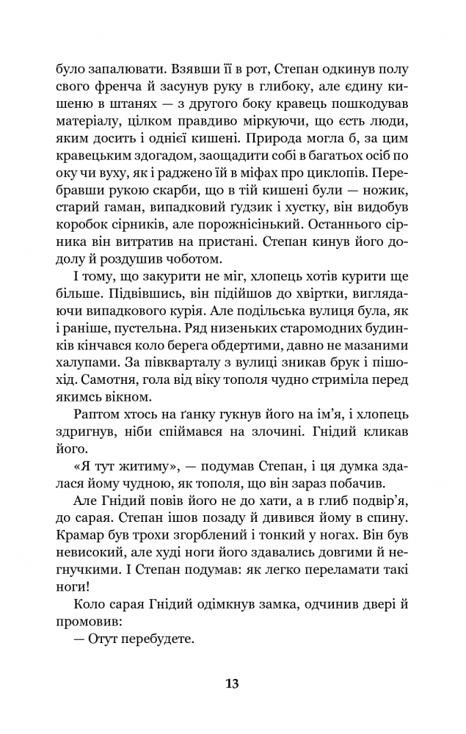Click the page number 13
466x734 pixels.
(x=232, y=683)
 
